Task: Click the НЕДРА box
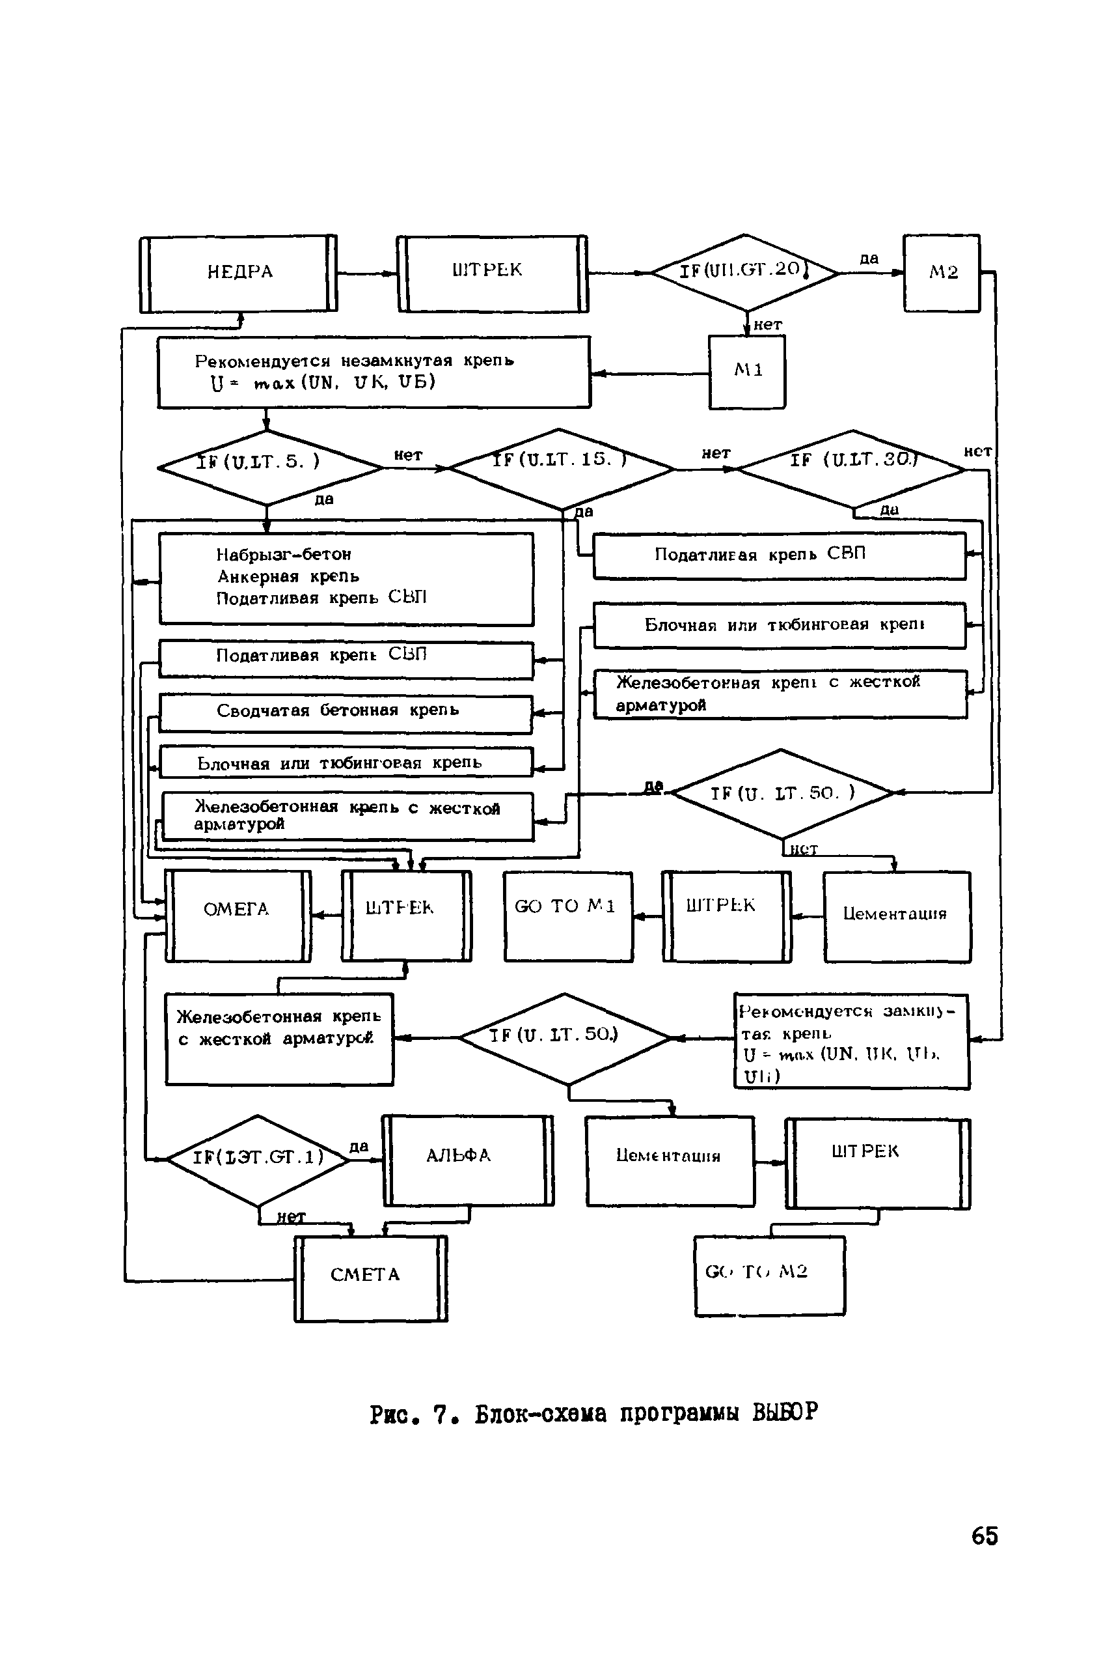pyautogui.click(x=238, y=273)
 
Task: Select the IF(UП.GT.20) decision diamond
pyautogui.click(x=744, y=273)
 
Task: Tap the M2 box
pyautogui.click(x=942, y=273)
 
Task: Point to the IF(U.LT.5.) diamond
pyautogui.click(x=268, y=468)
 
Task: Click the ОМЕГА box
pyautogui.click(x=238, y=916)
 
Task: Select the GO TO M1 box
pyautogui.click(x=567, y=916)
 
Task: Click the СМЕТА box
pyautogui.click(x=370, y=1278)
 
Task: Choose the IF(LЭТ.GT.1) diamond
pyautogui.click(x=258, y=1159)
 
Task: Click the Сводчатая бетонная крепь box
pyautogui.click(x=346, y=713)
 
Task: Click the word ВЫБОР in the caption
pyautogui.click(x=785, y=1412)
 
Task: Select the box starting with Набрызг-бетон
pyautogui.click(x=346, y=579)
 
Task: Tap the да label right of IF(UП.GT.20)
pyautogui.click(x=869, y=259)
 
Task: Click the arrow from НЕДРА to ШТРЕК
pyautogui.click(x=366, y=273)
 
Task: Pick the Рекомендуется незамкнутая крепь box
pyautogui.click(x=374, y=372)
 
